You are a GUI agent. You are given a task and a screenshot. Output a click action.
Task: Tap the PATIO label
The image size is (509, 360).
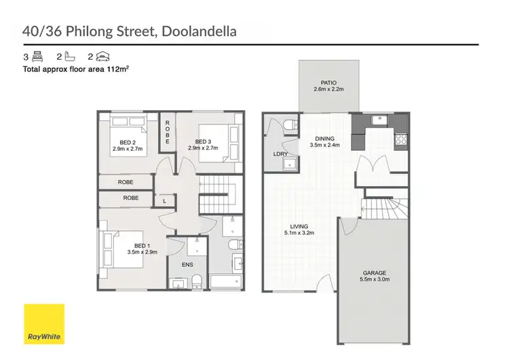(329, 82)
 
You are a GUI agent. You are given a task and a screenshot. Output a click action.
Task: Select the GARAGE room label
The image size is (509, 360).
(375, 272)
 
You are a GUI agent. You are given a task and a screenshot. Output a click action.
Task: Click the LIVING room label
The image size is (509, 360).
(298, 226)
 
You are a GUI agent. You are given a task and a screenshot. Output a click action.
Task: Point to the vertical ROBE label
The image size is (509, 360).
(167, 131)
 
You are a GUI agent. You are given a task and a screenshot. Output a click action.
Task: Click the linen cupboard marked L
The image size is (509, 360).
(165, 201)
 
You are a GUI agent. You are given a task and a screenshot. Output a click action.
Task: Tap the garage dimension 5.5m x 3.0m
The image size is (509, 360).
(375, 279)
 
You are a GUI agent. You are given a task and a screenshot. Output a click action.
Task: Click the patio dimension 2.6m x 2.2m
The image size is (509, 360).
(329, 89)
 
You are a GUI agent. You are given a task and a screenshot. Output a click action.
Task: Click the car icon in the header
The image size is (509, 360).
(102, 58)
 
